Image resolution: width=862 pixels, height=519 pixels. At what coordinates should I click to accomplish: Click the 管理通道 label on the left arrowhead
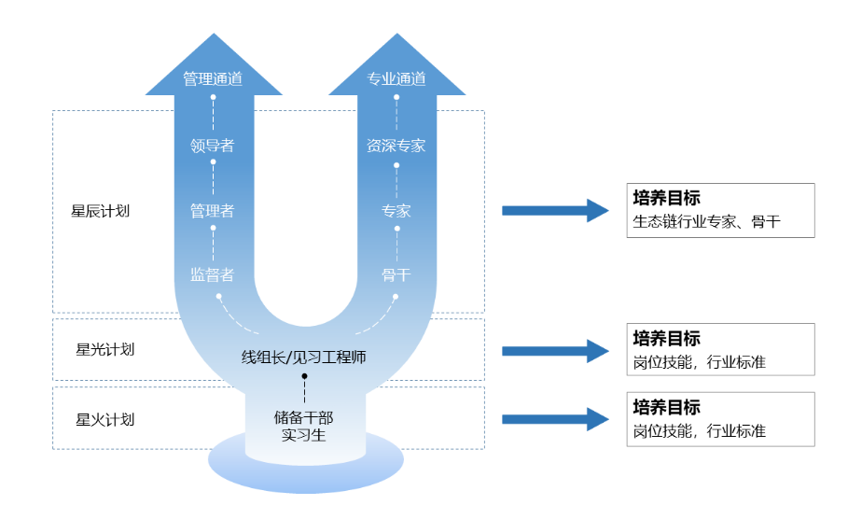point(213,79)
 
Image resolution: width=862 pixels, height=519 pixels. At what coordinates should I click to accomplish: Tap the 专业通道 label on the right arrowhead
point(396,79)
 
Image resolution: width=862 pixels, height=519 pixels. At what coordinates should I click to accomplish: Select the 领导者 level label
point(212,146)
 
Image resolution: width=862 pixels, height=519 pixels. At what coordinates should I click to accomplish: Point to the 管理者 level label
point(212,211)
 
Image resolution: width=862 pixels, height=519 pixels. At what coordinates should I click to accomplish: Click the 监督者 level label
point(212,274)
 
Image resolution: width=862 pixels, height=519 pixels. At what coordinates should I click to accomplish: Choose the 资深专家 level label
point(396,146)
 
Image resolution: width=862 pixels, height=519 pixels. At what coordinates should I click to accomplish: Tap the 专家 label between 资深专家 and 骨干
point(396,211)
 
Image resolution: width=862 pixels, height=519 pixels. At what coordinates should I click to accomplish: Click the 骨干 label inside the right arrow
point(396,274)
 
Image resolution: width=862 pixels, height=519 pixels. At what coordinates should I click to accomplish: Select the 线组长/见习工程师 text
point(304,357)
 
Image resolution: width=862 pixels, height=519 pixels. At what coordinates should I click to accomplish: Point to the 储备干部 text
point(303,417)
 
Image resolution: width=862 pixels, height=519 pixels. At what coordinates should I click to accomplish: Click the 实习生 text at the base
point(303,434)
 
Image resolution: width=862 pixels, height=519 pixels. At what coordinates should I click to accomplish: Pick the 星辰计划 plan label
point(100,211)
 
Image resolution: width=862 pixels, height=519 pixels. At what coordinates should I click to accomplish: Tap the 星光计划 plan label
point(104,350)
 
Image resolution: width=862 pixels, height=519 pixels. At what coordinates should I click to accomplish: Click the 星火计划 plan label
point(104,419)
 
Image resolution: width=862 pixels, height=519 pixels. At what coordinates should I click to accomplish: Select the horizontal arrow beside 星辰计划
point(555,210)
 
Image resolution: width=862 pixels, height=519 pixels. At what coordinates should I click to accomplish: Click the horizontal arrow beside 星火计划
point(555,419)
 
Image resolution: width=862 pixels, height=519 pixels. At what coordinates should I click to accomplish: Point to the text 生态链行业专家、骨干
point(706,223)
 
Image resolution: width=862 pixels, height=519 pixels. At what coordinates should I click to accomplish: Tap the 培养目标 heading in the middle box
point(666,339)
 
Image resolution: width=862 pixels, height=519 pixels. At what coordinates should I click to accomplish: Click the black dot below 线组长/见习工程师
point(304,376)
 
